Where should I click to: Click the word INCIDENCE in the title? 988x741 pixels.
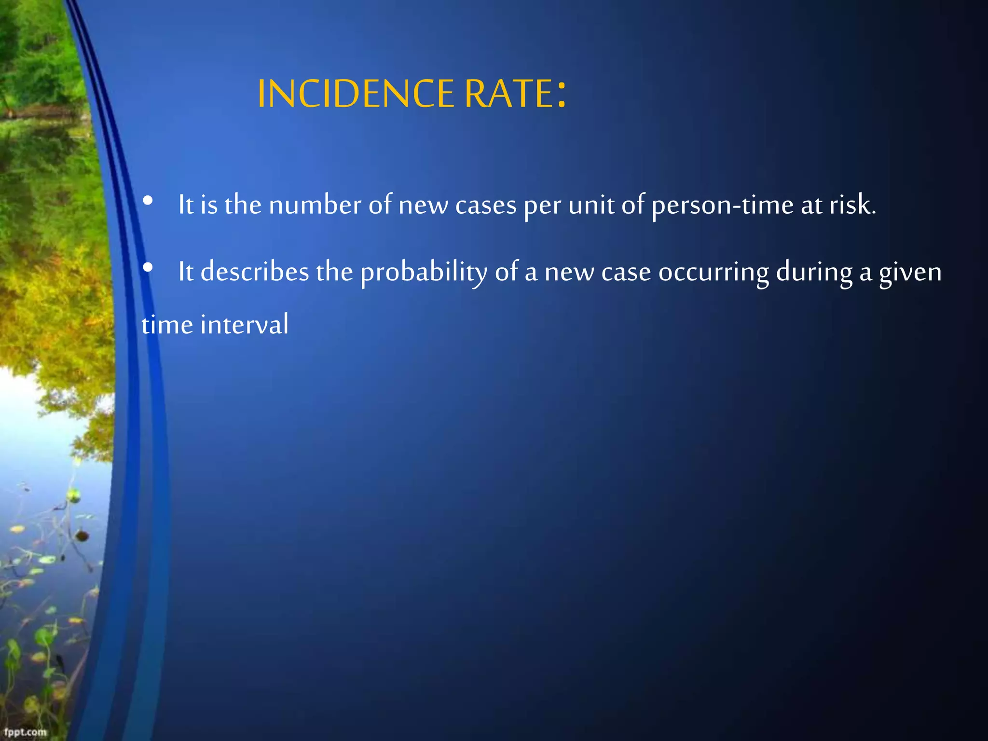pos(356,94)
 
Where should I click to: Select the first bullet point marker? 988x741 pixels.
pos(148,200)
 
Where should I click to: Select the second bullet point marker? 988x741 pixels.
pos(148,267)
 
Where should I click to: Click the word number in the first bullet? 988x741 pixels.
pos(315,205)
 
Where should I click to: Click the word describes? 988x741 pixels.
pos(254,272)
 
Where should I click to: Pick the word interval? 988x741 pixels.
pos(245,324)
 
